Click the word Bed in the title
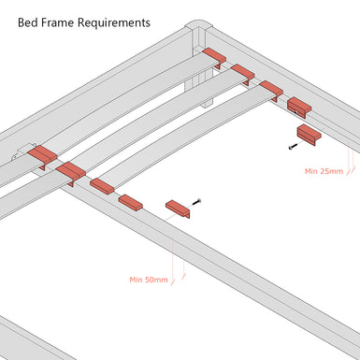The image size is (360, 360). (x=24, y=22)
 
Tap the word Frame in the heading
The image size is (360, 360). (x=54, y=22)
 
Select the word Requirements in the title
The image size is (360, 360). (x=114, y=23)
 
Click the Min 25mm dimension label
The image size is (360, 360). (x=324, y=171)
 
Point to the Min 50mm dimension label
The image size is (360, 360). (x=149, y=280)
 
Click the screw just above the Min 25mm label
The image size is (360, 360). (x=292, y=146)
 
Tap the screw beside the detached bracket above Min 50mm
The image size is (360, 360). (x=196, y=202)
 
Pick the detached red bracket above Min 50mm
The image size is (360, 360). (x=178, y=209)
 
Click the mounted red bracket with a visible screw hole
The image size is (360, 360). (x=299, y=107)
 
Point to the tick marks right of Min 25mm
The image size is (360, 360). (x=351, y=170)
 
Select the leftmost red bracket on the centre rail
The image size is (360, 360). (x=42, y=156)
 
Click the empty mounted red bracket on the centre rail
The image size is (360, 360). (x=131, y=202)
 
